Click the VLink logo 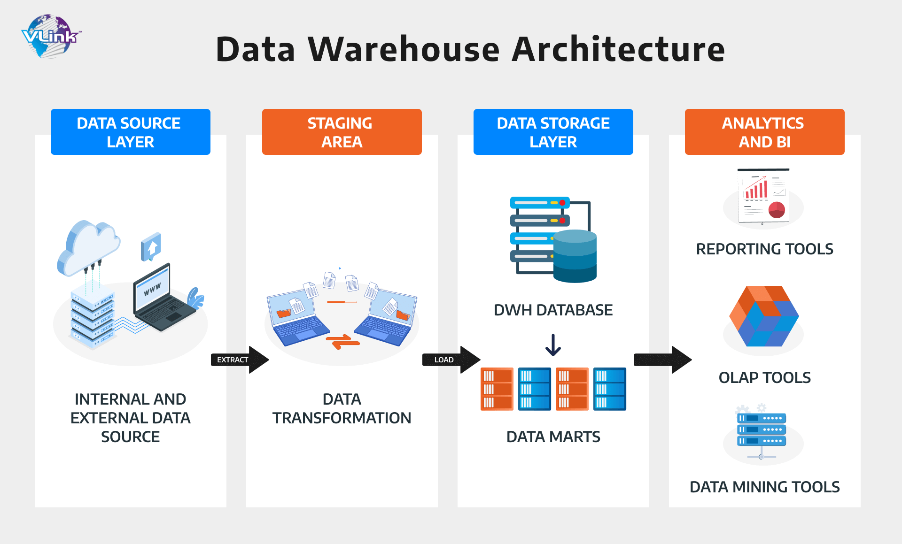(x=51, y=36)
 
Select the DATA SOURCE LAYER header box (x=130, y=132)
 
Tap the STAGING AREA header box (x=342, y=132)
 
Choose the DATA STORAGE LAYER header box (x=553, y=132)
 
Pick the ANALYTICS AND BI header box (x=764, y=132)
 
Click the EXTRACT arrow (x=240, y=360)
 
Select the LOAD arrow (x=451, y=360)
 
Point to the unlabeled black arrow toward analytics (x=662, y=360)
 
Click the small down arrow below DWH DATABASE (x=553, y=345)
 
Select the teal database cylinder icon (x=575, y=256)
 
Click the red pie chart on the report (x=777, y=210)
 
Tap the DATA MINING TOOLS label (x=764, y=487)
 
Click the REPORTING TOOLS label (x=764, y=249)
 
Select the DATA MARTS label (x=553, y=437)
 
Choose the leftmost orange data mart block (x=497, y=389)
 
